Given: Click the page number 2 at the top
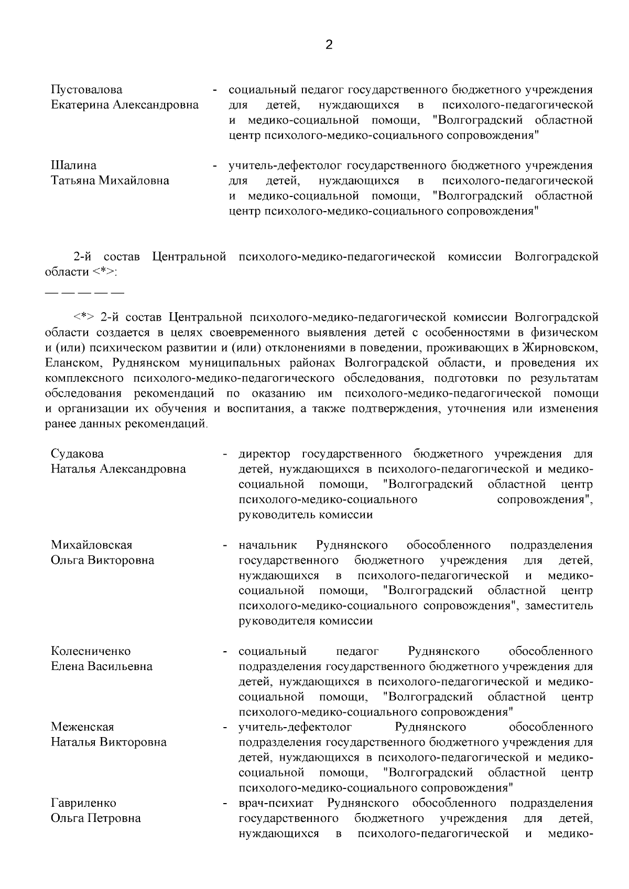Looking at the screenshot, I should pos(329,45).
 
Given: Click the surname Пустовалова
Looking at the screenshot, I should pos(86,90).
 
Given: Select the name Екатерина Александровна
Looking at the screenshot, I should pos(125,105).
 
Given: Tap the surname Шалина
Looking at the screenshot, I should pos(73,166).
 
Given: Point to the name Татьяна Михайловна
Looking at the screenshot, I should pos(110,181).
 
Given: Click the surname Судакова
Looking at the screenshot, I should pos(77,454).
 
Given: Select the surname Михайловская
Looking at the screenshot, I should pos(92,545).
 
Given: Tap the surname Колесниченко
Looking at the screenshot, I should pos(91,651).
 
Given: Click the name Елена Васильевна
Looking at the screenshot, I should pos(102,666).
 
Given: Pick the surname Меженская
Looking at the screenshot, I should pos(82,727).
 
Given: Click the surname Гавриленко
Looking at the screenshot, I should pos(83,803).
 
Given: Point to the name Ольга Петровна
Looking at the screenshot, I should pos(96,818).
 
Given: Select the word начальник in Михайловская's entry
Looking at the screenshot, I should pos(268,545).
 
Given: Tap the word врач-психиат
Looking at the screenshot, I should pos(278,803).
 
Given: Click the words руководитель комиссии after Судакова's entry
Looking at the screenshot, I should pos(306,515).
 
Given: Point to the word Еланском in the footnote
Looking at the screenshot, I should pos(69,363).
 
